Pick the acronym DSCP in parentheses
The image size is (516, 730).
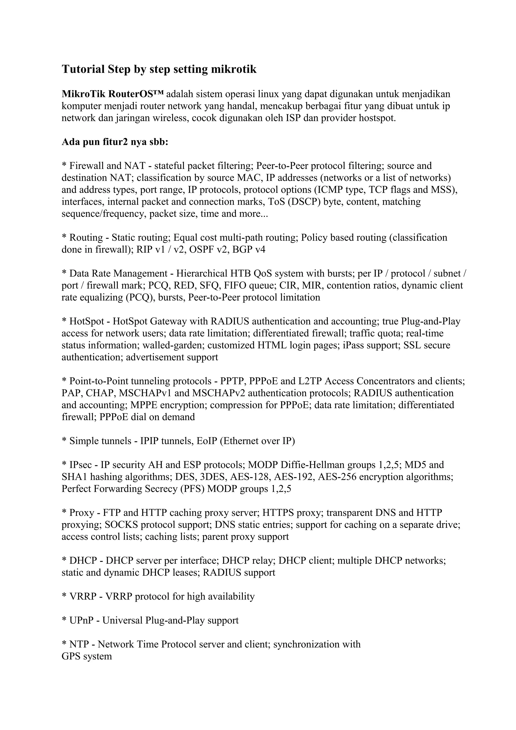click(x=305, y=202)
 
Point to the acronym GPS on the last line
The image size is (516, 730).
click(x=71, y=656)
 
